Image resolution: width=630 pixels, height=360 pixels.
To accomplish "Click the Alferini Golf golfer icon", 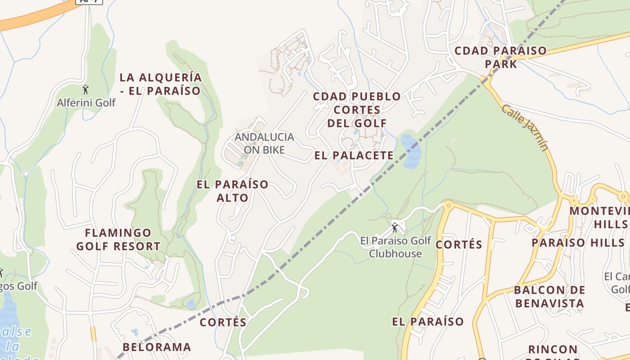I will pos(86,90).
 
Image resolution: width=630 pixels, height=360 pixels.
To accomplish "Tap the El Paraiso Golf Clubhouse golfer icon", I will pos(395,227).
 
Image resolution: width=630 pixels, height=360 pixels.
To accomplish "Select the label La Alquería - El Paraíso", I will pos(161,84).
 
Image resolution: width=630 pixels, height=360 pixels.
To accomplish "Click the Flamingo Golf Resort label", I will pos(118,240).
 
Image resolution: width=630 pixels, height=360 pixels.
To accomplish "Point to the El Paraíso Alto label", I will pos(233,191).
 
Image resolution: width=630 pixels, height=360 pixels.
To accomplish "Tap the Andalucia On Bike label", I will pos(264,143).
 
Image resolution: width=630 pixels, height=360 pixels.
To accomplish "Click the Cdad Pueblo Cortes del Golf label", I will pos(357,110).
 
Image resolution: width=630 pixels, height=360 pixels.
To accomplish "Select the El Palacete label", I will pos(354,156).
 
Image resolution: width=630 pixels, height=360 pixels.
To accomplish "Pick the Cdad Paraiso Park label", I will pos(501,57).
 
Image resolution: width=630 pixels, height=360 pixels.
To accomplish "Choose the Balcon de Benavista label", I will pos(549,297).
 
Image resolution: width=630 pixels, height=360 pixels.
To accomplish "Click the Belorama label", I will pos(157,347).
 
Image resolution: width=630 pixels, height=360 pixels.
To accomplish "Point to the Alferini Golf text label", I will pos(86,103).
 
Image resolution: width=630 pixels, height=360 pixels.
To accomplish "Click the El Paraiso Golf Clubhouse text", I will pos(396,247).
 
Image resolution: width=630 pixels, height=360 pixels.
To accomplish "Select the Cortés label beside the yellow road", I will pos(459,245).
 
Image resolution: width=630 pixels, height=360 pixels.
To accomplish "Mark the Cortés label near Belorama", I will pos(223,323).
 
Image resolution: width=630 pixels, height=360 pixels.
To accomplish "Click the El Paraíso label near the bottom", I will pos(427,322).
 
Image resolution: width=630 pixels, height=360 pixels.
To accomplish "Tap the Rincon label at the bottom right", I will pos(553,350).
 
